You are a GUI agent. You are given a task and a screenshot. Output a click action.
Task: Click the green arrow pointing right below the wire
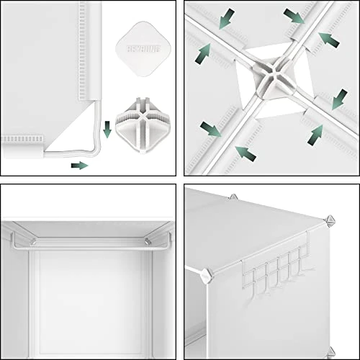click(x=79, y=165)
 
